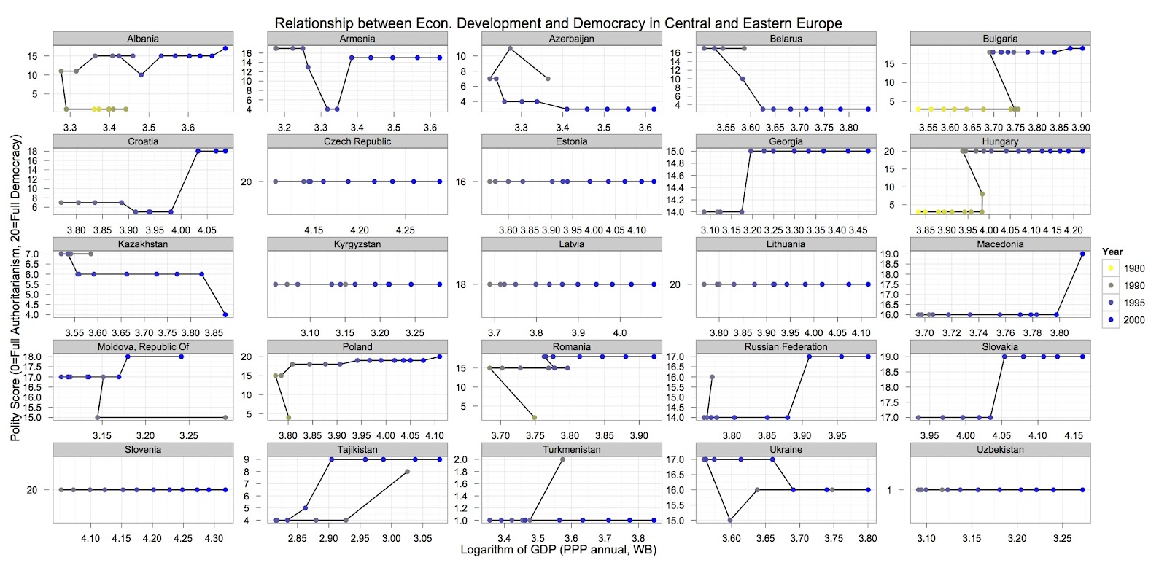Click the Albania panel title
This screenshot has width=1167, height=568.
coord(143,39)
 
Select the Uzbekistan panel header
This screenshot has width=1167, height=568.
coord(1000,450)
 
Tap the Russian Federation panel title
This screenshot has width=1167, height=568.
coord(786,347)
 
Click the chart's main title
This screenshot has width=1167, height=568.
coord(558,23)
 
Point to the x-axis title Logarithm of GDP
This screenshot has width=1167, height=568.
coord(558,550)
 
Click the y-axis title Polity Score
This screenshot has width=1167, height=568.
coord(15,287)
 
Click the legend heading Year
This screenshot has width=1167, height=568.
coord(1112,252)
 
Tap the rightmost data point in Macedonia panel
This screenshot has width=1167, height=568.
coord(1082,254)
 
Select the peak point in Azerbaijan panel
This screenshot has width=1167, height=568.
coord(511,49)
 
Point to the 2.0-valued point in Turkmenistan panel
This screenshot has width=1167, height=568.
coord(562,459)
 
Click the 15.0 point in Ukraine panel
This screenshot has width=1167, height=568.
coord(730,521)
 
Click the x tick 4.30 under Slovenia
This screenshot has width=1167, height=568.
coord(214,539)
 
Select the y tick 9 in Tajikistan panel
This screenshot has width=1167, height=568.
coord(247,459)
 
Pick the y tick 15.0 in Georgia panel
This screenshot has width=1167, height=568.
coord(675,152)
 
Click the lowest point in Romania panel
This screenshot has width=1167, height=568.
coord(535,418)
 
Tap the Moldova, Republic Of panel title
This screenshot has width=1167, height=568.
coord(143,347)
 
